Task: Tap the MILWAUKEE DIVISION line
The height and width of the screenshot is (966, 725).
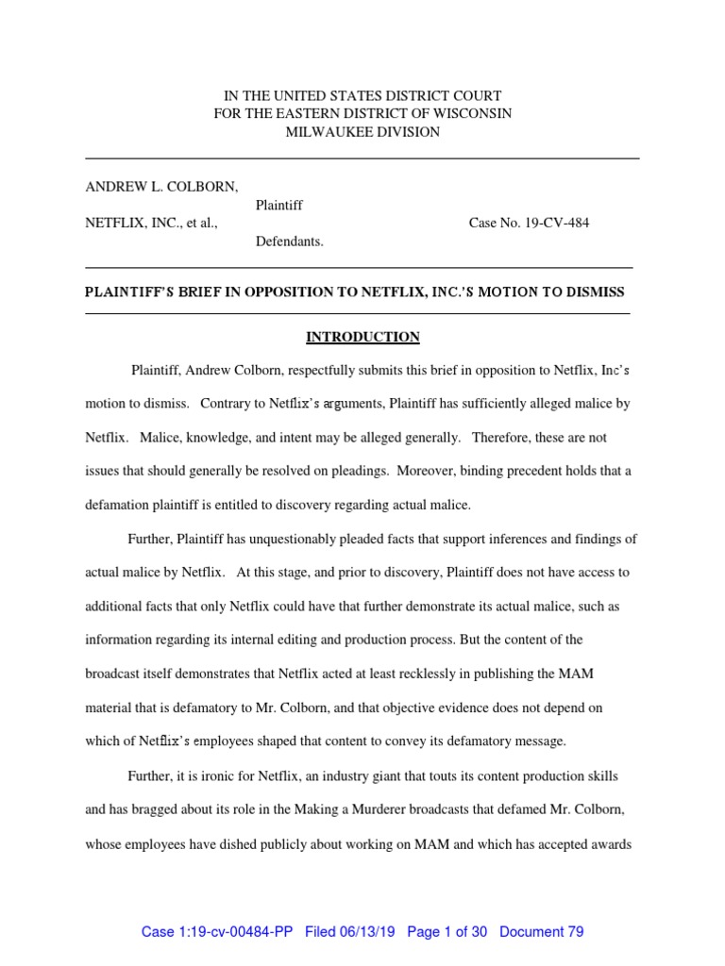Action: point(362,132)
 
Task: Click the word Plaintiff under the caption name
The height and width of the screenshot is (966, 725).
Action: point(279,205)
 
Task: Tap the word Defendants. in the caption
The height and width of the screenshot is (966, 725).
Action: point(290,241)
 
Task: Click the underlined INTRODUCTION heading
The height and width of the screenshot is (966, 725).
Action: point(362,337)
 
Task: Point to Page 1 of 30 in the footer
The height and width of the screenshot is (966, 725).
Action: point(447,932)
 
